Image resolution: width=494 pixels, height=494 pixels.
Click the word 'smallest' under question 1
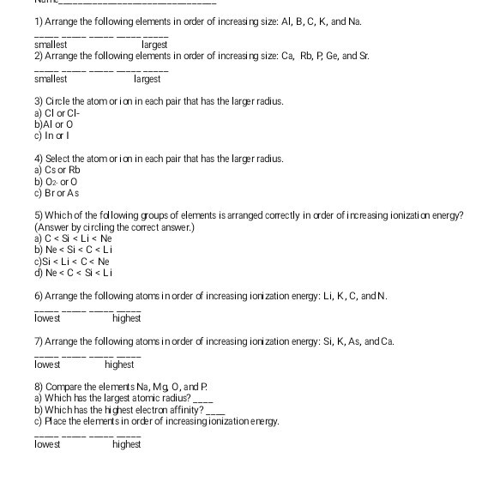click(x=50, y=43)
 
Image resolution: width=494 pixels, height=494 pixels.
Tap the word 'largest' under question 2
click(x=148, y=78)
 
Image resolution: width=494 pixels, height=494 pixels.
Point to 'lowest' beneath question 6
click(x=48, y=318)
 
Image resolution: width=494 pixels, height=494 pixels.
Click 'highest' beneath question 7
click(x=120, y=364)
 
